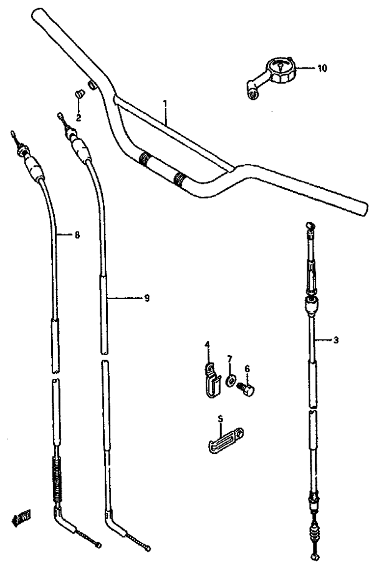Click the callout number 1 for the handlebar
click(165, 104)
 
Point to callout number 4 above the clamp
click(207, 343)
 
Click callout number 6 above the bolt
click(247, 369)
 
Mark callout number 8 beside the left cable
click(77, 235)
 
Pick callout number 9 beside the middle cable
click(146, 298)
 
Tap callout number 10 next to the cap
click(322, 68)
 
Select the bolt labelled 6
click(246, 390)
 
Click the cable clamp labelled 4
click(211, 379)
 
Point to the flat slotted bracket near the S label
click(226, 440)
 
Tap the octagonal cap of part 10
click(280, 71)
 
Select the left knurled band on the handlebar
click(145, 159)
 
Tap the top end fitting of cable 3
click(310, 226)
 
